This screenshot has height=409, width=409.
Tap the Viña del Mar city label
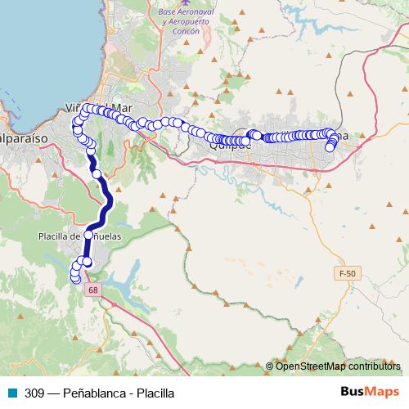pyautogui.click(x=98, y=108)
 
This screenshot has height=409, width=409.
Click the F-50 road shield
pyautogui.click(x=347, y=272)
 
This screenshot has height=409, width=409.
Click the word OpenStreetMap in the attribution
pyautogui.click(x=312, y=366)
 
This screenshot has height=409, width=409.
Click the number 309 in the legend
pyautogui.click(x=34, y=393)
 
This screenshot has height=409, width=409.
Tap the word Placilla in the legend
pyautogui.click(x=155, y=393)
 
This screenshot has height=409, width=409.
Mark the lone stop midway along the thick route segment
pyautogui.click(x=97, y=174)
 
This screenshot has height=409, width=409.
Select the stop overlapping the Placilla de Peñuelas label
pyautogui.click(x=88, y=235)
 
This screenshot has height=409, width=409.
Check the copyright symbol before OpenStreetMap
pyautogui.click(x=270, y=366)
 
